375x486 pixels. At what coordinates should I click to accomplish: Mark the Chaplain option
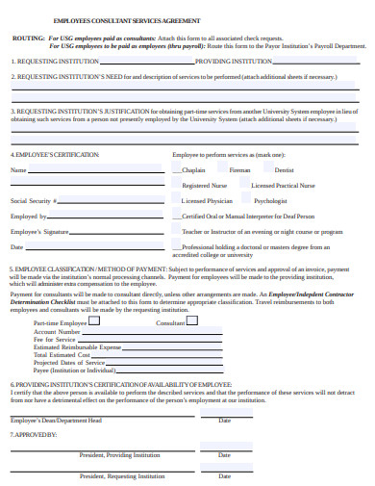coord(195,169)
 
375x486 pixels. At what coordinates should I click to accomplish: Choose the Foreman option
coord(239,169)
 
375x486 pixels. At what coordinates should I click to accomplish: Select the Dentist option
coord(285,169)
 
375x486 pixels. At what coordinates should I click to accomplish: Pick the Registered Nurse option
coord(204,185)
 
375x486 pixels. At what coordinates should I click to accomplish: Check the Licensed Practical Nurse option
coord(283,185)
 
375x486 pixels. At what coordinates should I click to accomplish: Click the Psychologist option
coord(271,201)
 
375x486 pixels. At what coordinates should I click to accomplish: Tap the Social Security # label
coord(34,201)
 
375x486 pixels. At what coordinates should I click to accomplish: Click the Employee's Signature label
coord(39,232)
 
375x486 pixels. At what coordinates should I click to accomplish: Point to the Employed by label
coord(29,217)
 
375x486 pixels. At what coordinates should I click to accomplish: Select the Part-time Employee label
coord(60,324)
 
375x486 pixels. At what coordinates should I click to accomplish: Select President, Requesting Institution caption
coord(122,475)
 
